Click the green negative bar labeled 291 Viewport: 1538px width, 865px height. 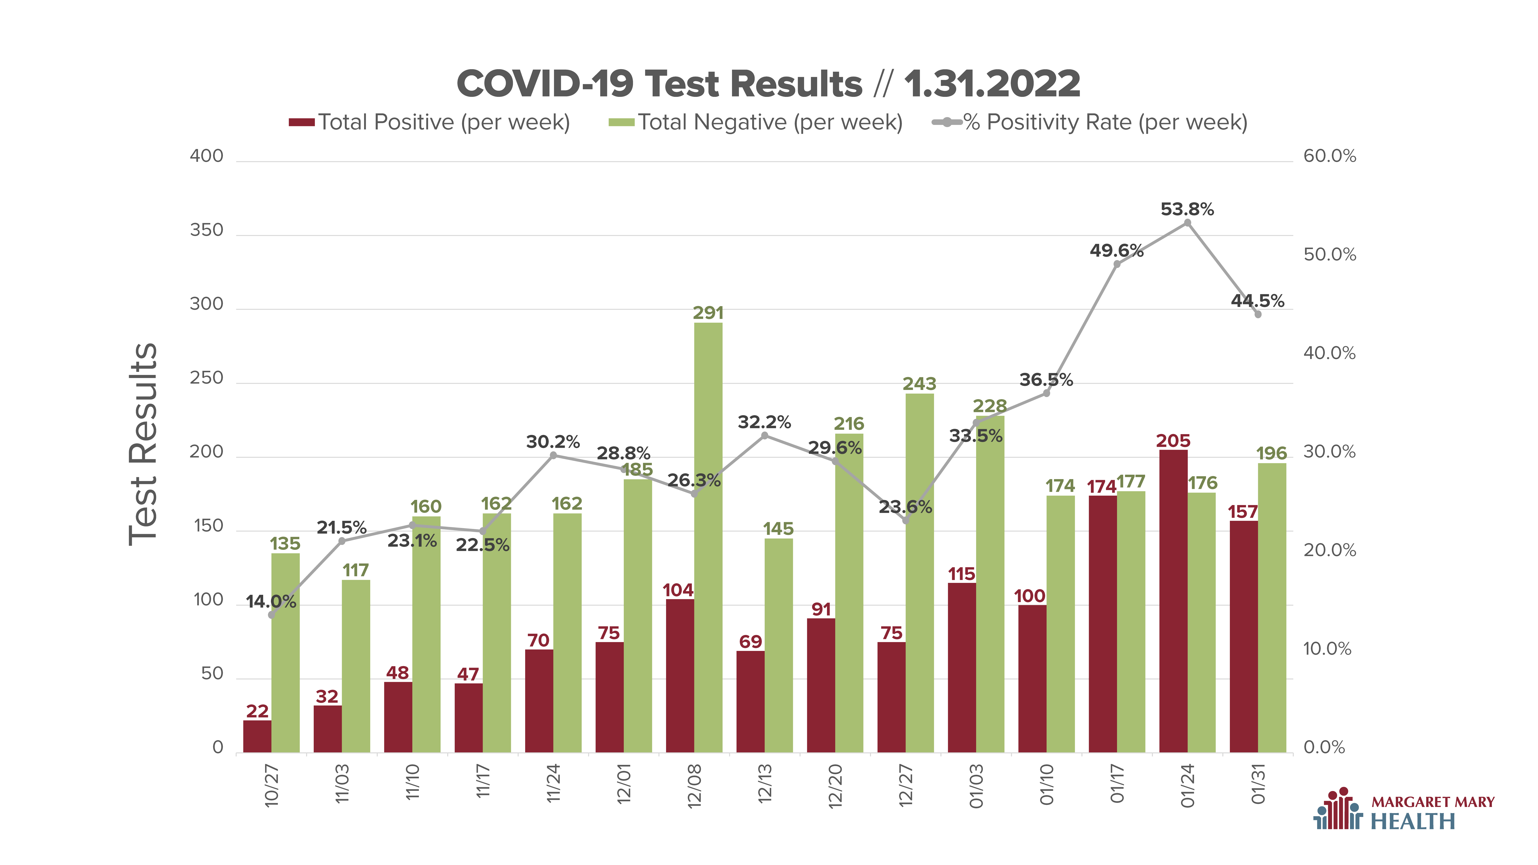708,537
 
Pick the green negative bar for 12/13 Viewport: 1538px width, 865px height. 779,645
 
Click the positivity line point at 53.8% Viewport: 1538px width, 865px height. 1188,223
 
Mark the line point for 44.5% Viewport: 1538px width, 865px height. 1258,314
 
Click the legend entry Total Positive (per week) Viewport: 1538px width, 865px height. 429,122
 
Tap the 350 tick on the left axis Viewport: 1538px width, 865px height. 207,230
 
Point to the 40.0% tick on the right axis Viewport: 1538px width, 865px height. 1330,353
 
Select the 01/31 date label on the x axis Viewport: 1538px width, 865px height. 1258,784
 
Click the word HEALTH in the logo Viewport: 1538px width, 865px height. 1413,821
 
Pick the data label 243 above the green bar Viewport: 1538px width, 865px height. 919,384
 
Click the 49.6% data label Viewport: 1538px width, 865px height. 1116,251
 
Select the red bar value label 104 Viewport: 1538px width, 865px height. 678,590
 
